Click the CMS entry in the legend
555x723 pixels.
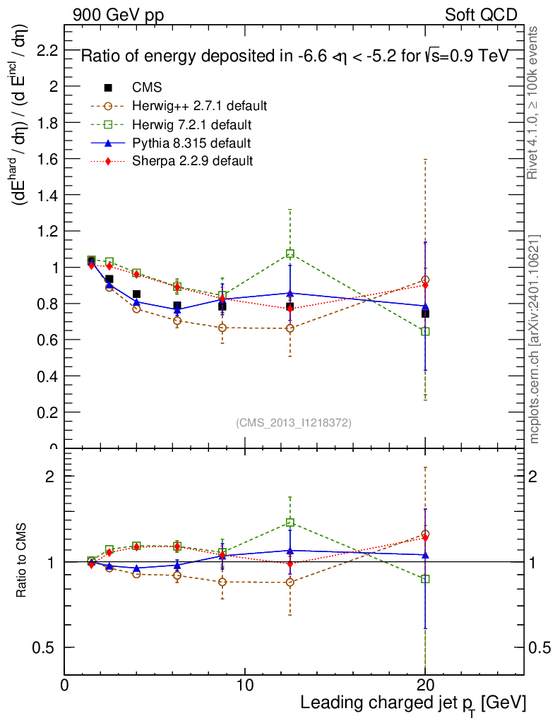click(147, 88)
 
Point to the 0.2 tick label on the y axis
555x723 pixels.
click(47, 412)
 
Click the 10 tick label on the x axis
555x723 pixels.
click(244, 685)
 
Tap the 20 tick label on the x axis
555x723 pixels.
click(425, 685)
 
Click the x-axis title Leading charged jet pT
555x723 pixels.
click(413, 703)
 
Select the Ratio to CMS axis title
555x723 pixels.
click(23, 562)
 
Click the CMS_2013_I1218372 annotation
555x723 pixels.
click(294, 422)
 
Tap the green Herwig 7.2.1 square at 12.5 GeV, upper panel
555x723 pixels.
click(290, 253)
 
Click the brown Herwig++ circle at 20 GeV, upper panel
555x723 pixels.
click(425, 280)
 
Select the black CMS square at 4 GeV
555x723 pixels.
click(136, 294)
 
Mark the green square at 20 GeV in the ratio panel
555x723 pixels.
click(425, 579)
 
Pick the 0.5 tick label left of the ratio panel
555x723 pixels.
click(47, 647)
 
